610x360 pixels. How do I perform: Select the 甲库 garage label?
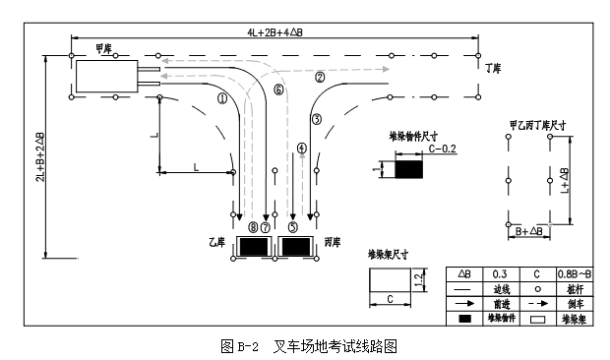click(103, 48)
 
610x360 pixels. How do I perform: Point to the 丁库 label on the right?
click(493, 70)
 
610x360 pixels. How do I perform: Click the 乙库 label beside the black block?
click(216, 241)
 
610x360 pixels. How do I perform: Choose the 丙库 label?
click(333, 241)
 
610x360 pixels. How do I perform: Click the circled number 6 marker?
click(278, 90)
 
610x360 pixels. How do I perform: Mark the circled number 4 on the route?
click(301, 149)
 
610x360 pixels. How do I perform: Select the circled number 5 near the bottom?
click(293, 227)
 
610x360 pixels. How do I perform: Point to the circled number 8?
click(254, 227)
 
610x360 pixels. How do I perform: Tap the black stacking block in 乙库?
click(253, 246)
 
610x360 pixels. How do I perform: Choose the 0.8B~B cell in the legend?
click(578, 274)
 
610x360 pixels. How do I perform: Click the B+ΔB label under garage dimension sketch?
click(530, 231)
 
